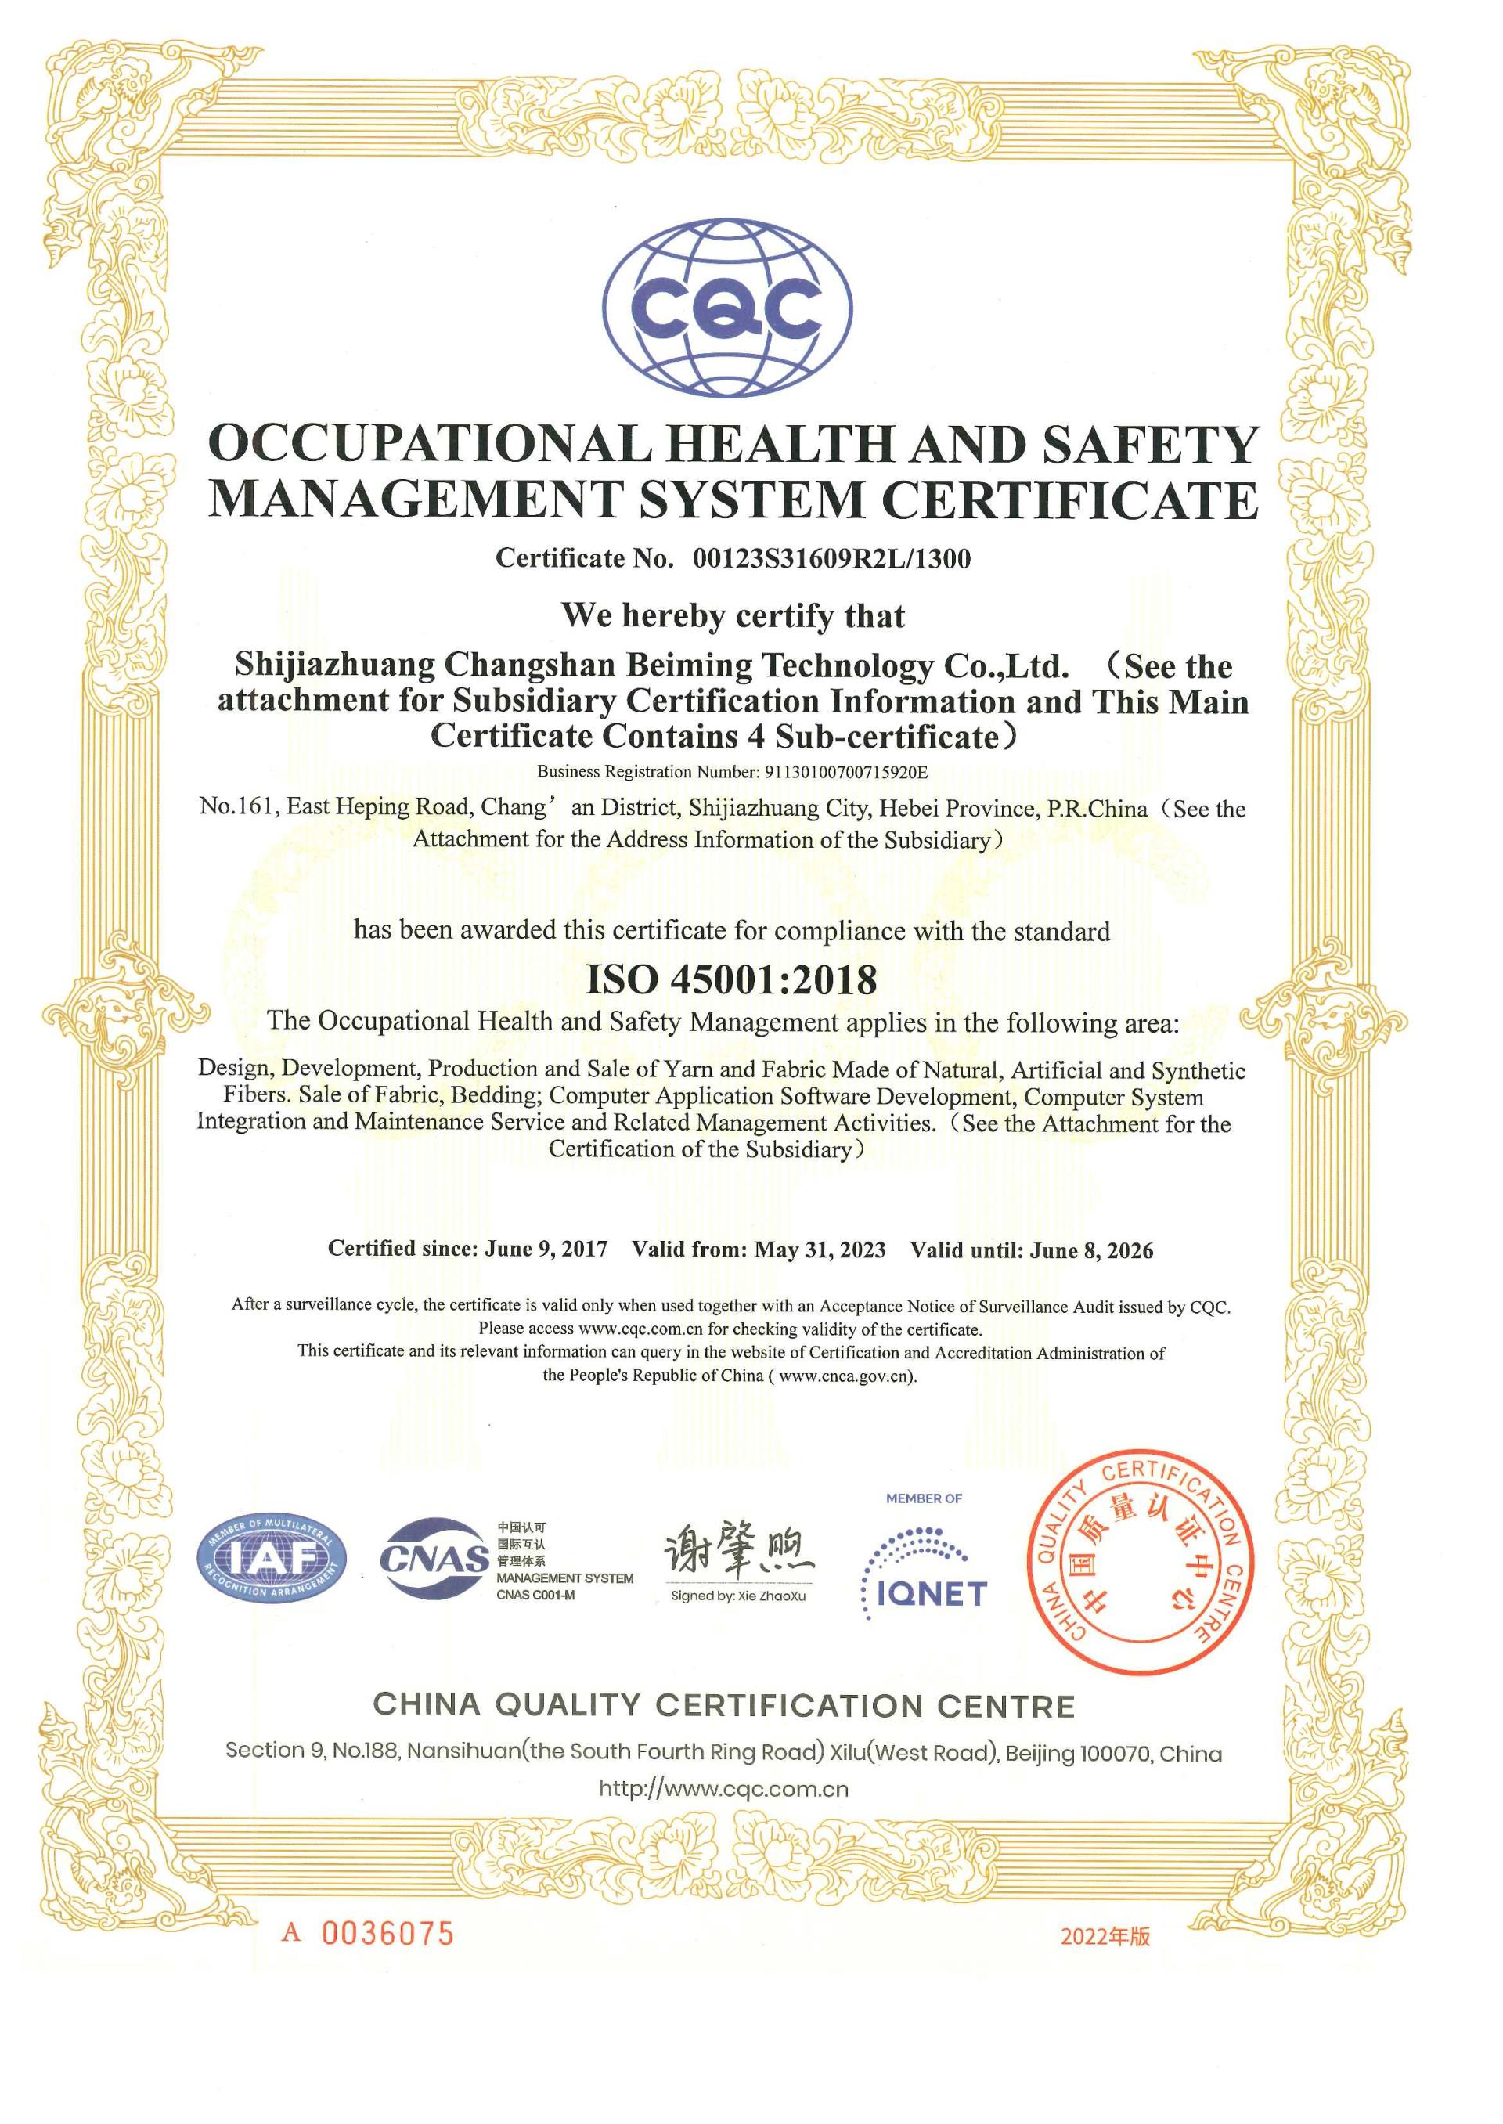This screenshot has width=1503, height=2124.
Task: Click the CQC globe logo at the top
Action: coord(727,305)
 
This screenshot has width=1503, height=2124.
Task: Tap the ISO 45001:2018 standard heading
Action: coord(731,979)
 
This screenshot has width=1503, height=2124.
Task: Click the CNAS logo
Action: coord(435,1560)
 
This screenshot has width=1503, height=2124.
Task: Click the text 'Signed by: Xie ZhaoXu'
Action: coord(737,1596)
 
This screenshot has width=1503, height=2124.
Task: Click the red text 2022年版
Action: coord(1105,1935)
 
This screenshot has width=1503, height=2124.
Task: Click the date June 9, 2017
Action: coord(546,1250)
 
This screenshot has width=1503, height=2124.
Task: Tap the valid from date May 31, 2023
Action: coord(820,1250)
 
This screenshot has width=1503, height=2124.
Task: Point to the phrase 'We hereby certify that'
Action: coord(733,616)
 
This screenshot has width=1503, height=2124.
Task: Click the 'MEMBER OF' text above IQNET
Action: coord(924,1498)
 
